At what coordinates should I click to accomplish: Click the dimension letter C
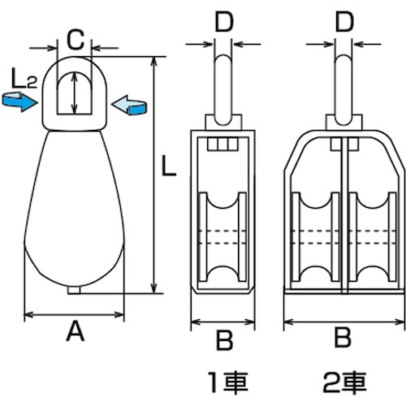click(x=74, y=37)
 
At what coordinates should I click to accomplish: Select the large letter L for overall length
click(x=166, y=169)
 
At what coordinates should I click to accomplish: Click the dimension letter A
click(x=74, y=331)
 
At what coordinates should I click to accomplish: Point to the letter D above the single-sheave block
click(x=223, y=21)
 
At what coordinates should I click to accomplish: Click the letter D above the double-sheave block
click(x=343, y=21)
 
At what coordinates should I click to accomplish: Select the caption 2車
click(x=344, y=379)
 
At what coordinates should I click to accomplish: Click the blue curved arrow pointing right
click(x=19, y=101)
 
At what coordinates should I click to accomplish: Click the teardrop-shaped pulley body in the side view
click(x=74, y=211)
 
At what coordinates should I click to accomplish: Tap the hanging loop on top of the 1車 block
click(x=223, y=81)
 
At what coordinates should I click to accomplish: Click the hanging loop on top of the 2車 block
click(x=344, y=81)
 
